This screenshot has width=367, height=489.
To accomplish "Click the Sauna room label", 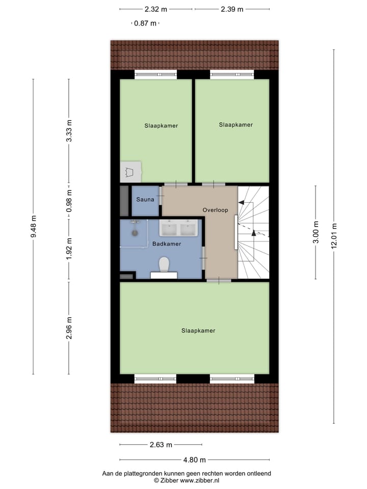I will (145, 200).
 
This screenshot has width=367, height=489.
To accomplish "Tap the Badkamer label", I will (167, 244).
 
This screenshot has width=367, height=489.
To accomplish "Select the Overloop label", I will (215, 210).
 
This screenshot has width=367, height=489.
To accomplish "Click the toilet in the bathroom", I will (164, 265).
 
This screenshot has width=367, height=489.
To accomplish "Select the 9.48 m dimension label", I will (34, 227).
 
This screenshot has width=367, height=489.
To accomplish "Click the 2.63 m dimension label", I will (161, 444).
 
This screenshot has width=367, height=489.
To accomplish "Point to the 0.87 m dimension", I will (145, 23).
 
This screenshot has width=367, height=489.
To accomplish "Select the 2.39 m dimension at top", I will (232, 9).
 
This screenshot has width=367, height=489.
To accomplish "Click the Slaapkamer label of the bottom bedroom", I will (198, 331).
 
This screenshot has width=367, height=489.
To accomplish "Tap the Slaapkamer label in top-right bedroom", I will (236, 124).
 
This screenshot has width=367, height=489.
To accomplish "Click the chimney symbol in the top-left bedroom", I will (130, 172).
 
